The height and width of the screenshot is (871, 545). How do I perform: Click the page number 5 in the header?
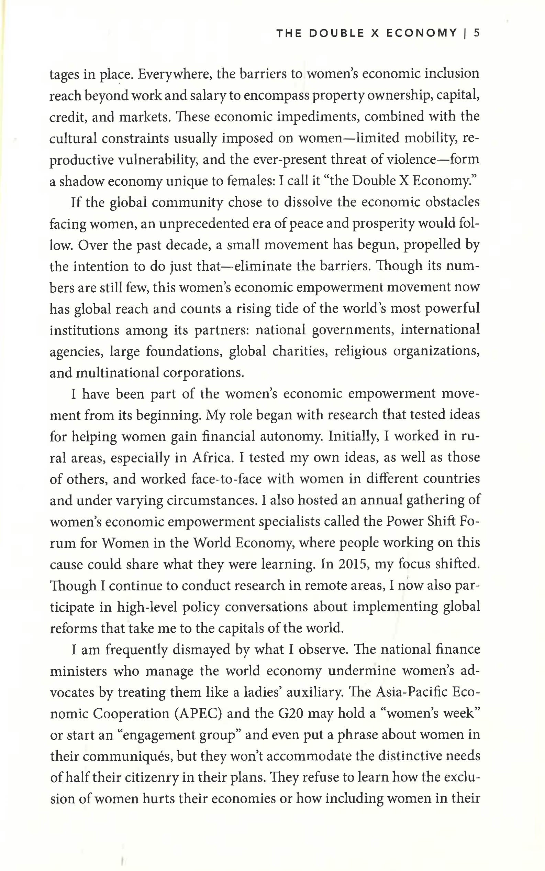[x=477, y=33]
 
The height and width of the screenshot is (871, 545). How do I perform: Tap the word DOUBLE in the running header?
[x=337, y=33]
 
